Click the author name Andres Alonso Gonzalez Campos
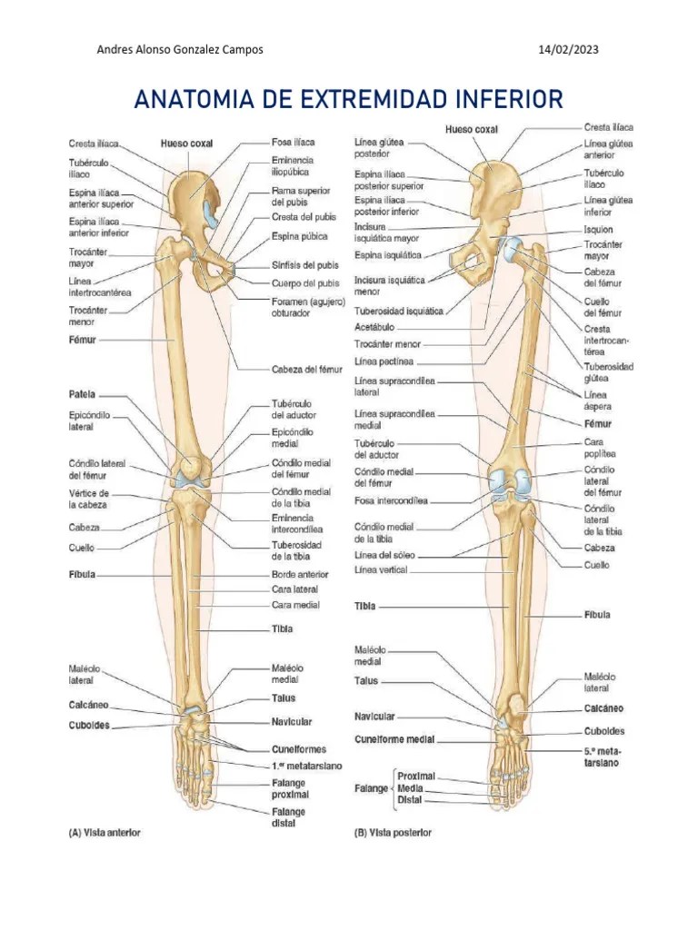point(180,50)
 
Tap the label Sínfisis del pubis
point(304,265)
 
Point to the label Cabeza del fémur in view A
point(306,369)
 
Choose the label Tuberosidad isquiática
point(399,311)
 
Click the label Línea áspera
point(597,401)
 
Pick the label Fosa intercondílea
point(391,500)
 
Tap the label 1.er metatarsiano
point(307,766)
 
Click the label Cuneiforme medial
point(394,739)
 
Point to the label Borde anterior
point(299,574)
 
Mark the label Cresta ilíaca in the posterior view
point(609,128)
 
